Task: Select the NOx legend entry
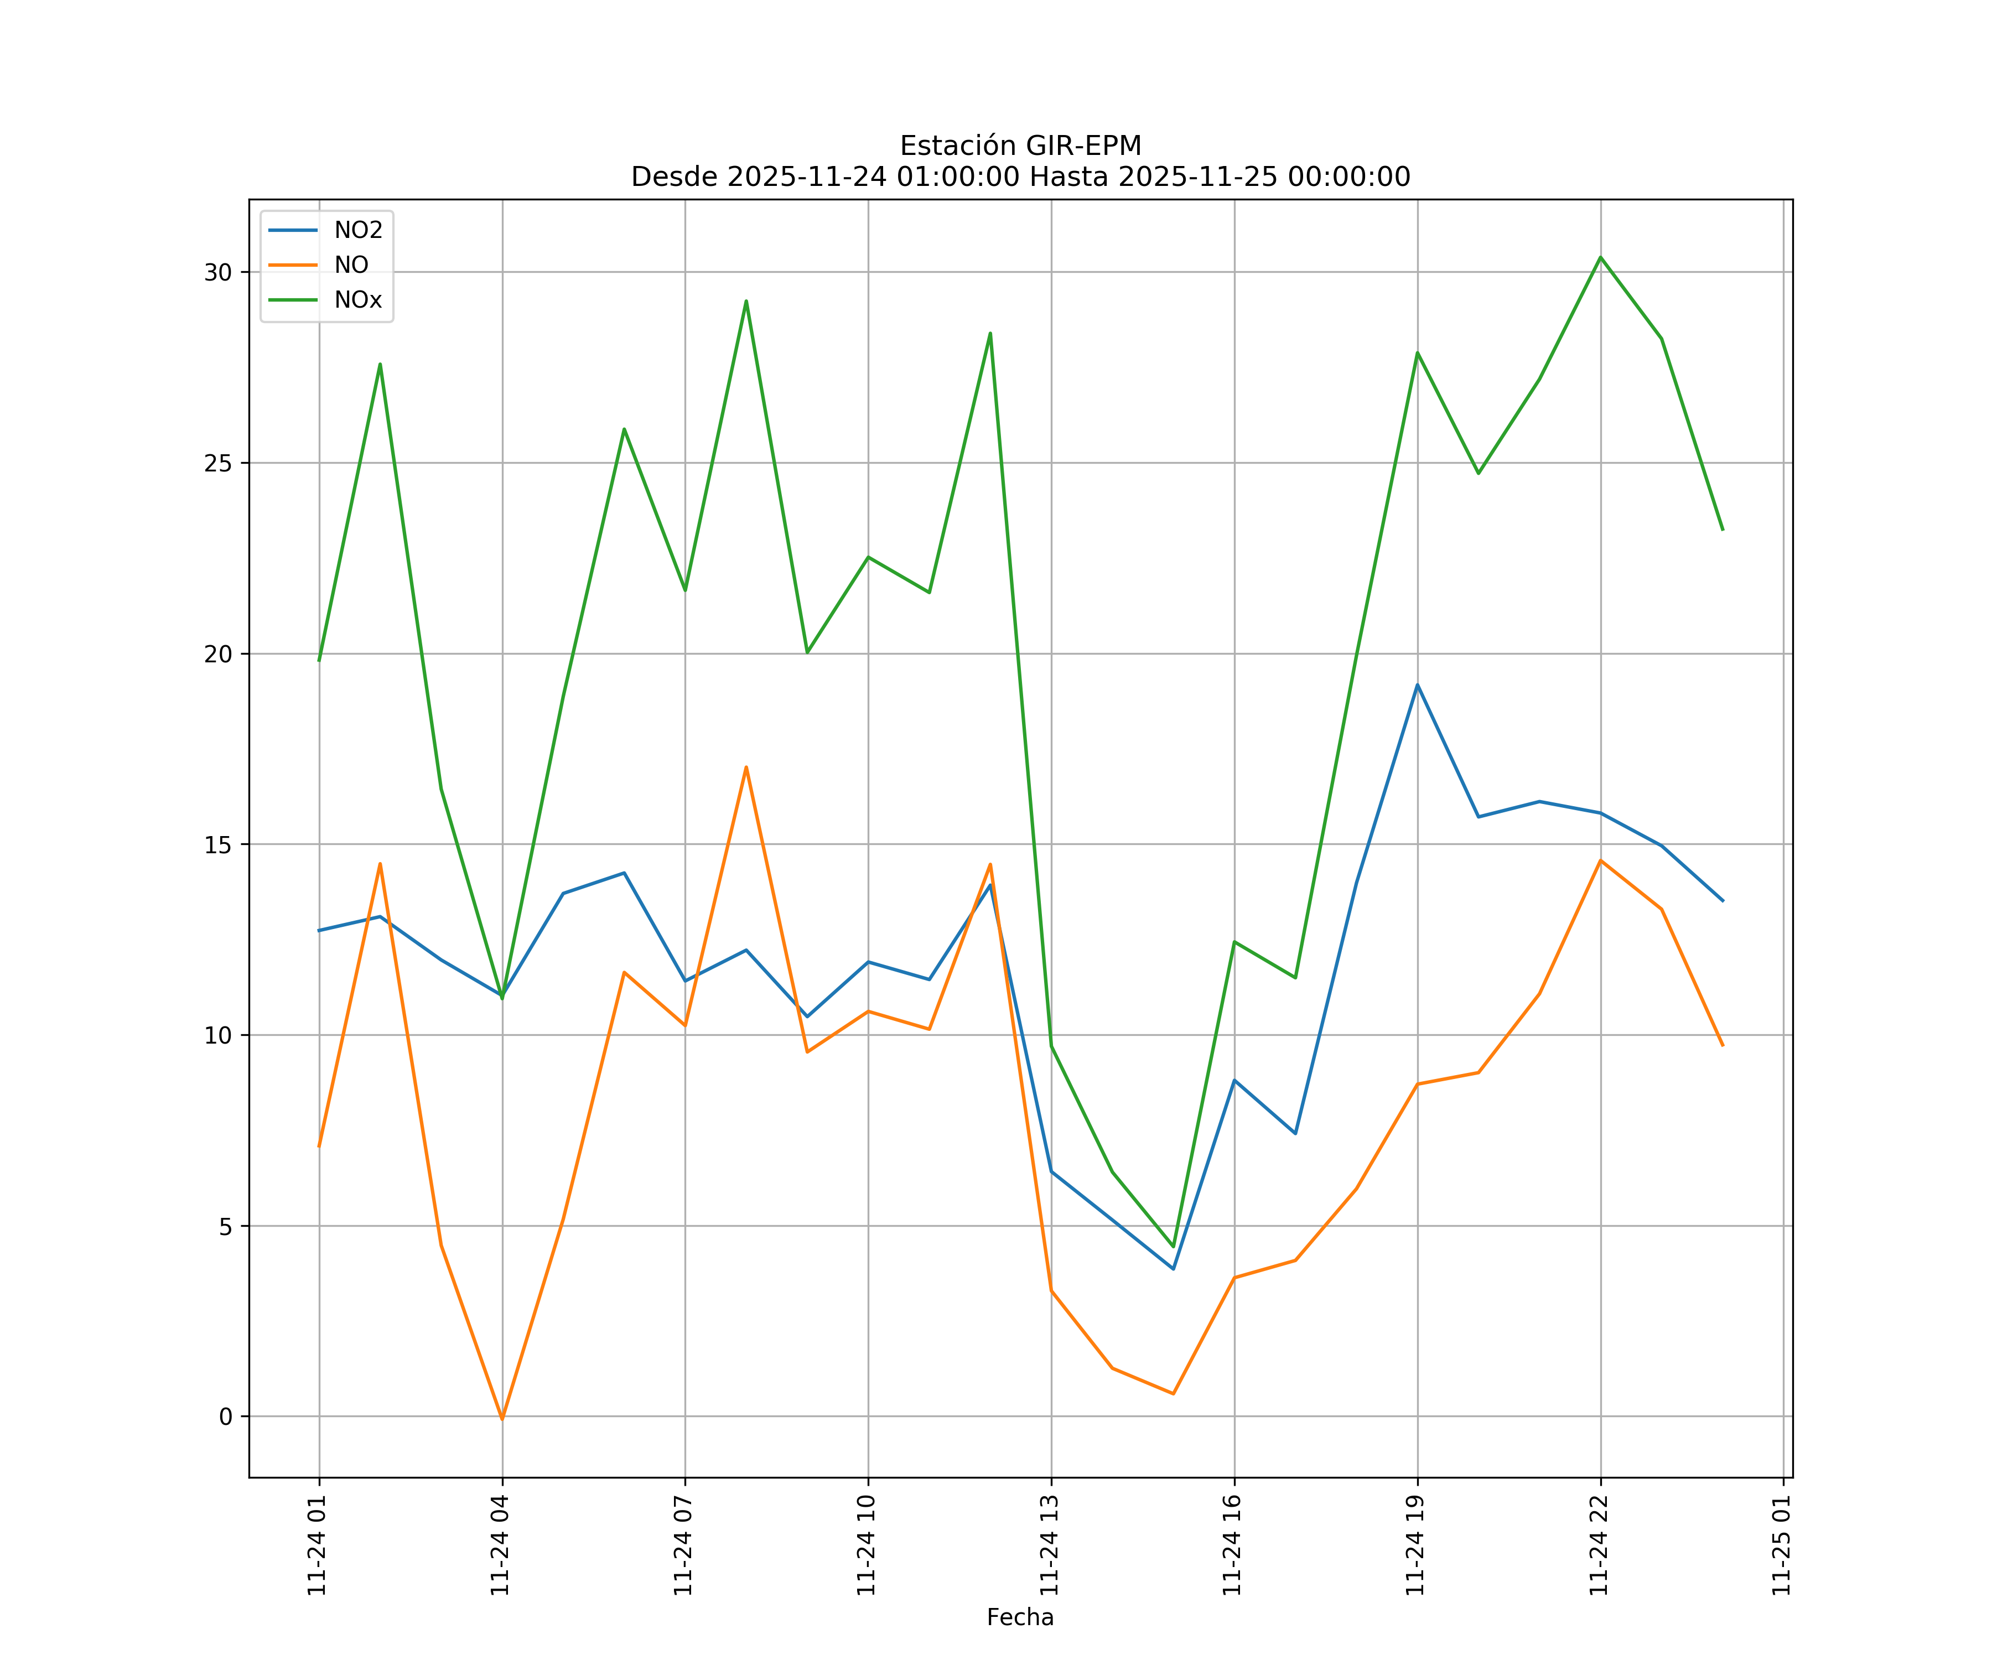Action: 357,300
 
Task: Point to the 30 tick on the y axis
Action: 218,272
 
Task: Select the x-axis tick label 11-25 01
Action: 1781,1545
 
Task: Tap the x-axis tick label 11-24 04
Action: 500,1545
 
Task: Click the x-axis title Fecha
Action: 1020,1617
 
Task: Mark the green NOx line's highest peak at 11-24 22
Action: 1600,257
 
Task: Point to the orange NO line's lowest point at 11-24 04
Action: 502,1419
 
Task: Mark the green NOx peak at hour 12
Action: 990,333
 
